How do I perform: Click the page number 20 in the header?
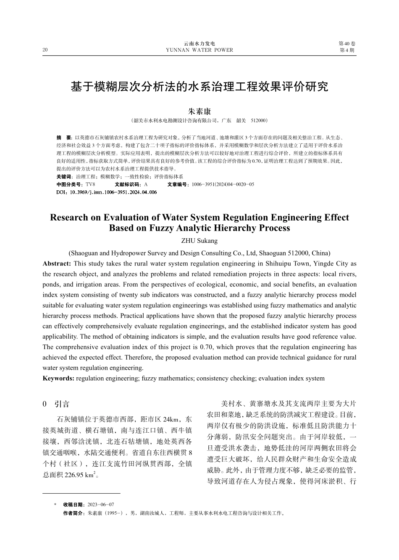[45, 50]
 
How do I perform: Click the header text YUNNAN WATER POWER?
[199, 50]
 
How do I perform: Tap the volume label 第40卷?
[347, 44]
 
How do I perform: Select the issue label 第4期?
[347, 50]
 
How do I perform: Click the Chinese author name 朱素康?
[199, 111]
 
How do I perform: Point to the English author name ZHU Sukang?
[199, 241]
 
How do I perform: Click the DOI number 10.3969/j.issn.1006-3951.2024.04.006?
[113, 192]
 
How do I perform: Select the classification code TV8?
[90, 184]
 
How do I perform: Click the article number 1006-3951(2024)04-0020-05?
[223, 184]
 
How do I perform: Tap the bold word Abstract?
[57, 264]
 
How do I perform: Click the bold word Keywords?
[58, 379]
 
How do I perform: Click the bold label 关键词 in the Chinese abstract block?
[63, 177]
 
